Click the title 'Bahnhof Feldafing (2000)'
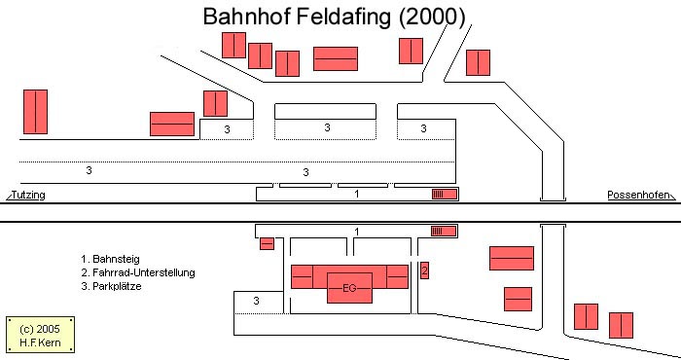point(334,17)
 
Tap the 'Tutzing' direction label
point(28,196)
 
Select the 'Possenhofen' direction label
point(637,196)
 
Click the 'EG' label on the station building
point(349,287)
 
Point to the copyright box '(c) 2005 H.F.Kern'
point(39,334)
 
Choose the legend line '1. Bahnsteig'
point(111,260)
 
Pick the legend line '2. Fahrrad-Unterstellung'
point(138,273)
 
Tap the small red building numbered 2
point(424,270)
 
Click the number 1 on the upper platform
point(357,195)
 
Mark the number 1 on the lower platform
point(357,232)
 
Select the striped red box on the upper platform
point(445,195)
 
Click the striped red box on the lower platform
point(445,232)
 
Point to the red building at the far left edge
point(36,112)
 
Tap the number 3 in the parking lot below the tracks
point(256,303)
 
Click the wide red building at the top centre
point(336,59)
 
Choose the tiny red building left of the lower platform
point(267,243)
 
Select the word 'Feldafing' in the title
point(345,17)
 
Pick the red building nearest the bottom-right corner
point(621,324)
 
